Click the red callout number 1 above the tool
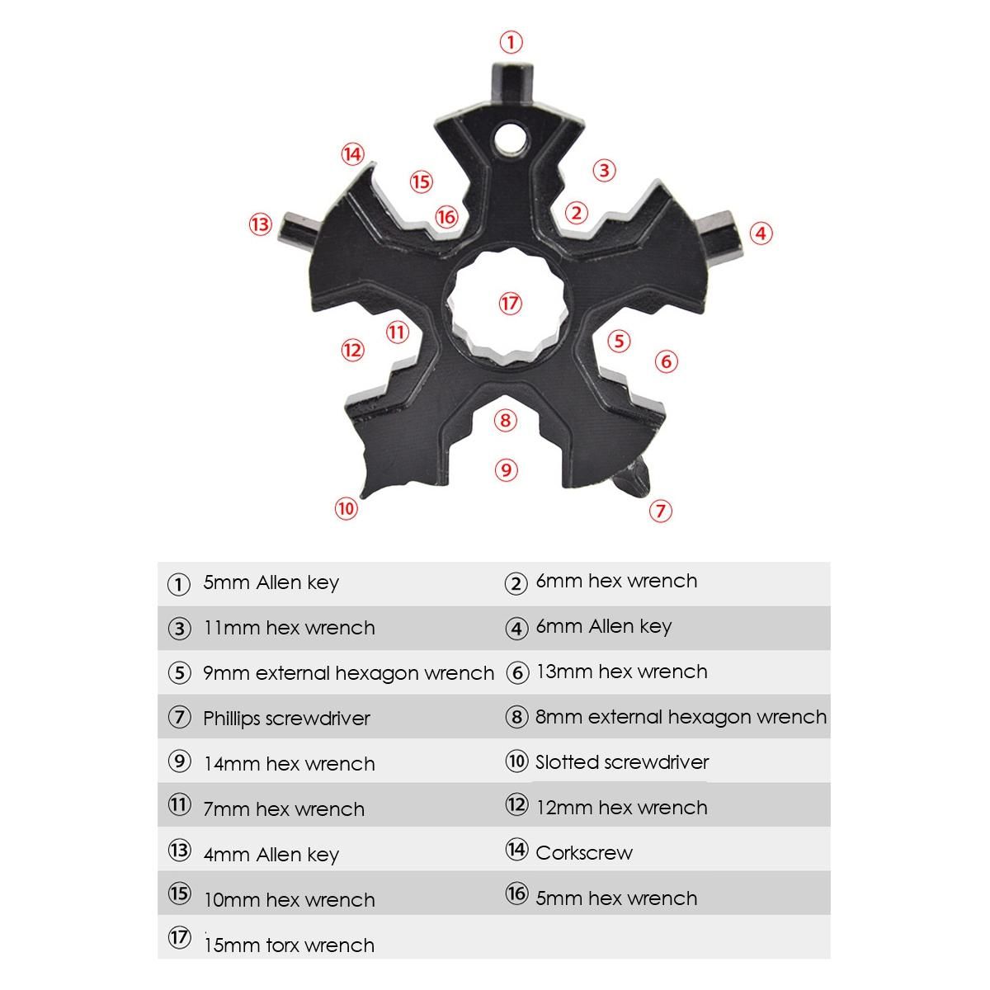(x=511, y=42)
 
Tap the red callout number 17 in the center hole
(x=510, y=303)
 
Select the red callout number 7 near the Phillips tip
(x=660, y=510)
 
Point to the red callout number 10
(x=346, y=509)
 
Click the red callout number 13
(x=261, y=224)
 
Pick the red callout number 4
(x=761, y=233)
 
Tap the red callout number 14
(x=353, y=154)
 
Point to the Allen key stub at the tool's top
(x=512, y=83)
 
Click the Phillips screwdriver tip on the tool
(x=634, y=478)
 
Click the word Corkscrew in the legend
(x=583, y=853)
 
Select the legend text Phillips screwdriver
(x=286, y=719)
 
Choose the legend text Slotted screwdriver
(x=622, y=762)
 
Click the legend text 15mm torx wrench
(x=290, y=945)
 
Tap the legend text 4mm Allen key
(x=271, y=855)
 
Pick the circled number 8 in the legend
(x=516, y=717)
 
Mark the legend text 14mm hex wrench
(x=290, y=764)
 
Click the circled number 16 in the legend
(x=516, y=893)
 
